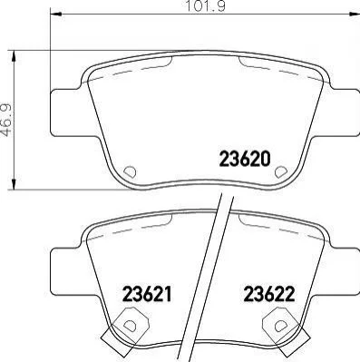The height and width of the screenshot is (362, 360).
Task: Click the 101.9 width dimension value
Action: tap(205, 6)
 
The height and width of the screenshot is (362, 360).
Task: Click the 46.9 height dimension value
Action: tap(6, 120)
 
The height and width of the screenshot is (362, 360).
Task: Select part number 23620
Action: tap(244, 159)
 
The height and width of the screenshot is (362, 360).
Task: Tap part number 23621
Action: tap(147, 294)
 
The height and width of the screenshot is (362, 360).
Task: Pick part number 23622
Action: tap(269, 294)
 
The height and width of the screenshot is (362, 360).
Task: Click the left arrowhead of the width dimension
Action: tap(55, 14)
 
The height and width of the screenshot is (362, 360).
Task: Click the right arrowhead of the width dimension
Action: tap(354, 14)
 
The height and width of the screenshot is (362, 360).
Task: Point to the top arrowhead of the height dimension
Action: tap(14, 57)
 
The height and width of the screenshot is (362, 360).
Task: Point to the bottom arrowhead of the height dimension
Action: tap(14, 183)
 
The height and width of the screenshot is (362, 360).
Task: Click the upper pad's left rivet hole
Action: tap(131, 171)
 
